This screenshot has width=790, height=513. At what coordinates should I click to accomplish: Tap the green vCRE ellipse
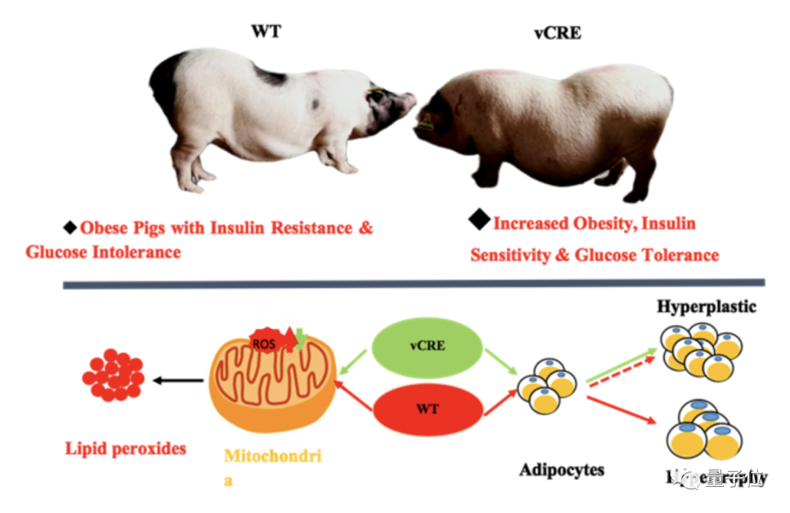coord(427,345)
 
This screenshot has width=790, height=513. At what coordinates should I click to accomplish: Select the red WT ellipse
coord(427,408)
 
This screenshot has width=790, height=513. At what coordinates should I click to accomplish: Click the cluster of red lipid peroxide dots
coord(113,376)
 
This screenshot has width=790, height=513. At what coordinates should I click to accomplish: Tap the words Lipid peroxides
coord(125,448)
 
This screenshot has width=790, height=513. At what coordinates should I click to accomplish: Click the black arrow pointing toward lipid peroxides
coord(178,379)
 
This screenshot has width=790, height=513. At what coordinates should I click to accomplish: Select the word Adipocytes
coord(562,468)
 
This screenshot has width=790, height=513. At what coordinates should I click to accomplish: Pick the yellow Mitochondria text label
coord(271,457)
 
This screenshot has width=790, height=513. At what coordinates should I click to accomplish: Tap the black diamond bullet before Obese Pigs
coord(70,227)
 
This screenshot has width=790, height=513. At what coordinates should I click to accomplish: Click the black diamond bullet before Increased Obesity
coord(480,218)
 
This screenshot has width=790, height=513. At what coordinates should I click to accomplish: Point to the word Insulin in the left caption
coord(238,228)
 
